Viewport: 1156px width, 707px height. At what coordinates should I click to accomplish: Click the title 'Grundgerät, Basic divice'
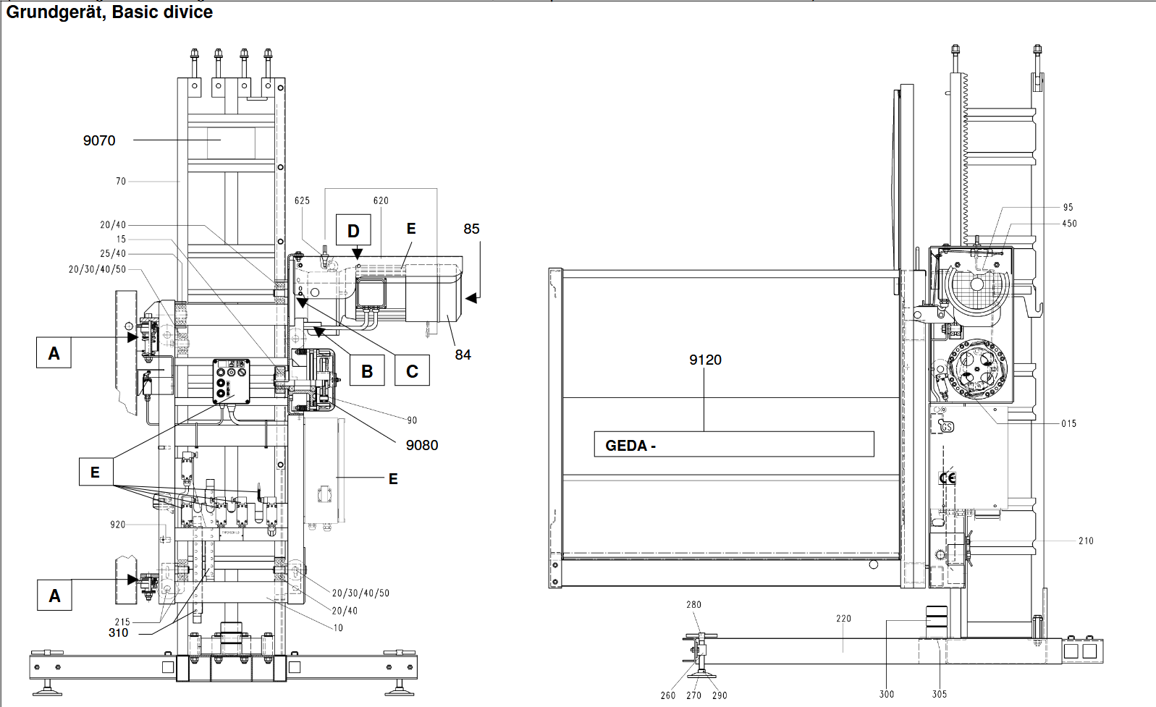(109, 12)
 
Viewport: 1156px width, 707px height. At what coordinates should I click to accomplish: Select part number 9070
(99, 140)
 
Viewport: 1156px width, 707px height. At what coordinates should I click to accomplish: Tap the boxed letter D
(353, 230)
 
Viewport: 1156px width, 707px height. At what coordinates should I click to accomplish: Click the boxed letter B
(367, 371)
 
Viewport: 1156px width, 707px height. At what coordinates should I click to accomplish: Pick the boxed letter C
(412, 371)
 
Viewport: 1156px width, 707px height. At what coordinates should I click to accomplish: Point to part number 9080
(421, 445)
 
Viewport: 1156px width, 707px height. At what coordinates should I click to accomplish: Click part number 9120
(705, 360)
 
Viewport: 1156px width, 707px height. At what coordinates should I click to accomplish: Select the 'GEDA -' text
(630, 445)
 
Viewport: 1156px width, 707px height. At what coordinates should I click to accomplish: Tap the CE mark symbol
(947, 478)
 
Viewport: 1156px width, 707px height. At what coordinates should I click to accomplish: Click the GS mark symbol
(947, 427)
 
